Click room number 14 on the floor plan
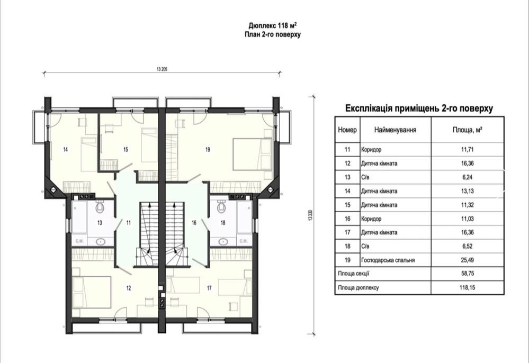66,149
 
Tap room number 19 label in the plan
208,149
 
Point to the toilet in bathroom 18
221,206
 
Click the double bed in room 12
92,292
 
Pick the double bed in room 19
253,153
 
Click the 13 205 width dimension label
162,69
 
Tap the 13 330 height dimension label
310,216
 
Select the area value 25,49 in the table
467,260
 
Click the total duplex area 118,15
467,288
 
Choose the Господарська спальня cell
388,260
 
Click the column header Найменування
395,130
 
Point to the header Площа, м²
467,130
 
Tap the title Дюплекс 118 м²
273,25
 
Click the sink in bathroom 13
100,241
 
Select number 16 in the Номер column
347,219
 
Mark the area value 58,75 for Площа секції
467,274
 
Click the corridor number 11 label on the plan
129,223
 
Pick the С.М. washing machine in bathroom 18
244,241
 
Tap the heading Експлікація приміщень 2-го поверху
419,108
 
